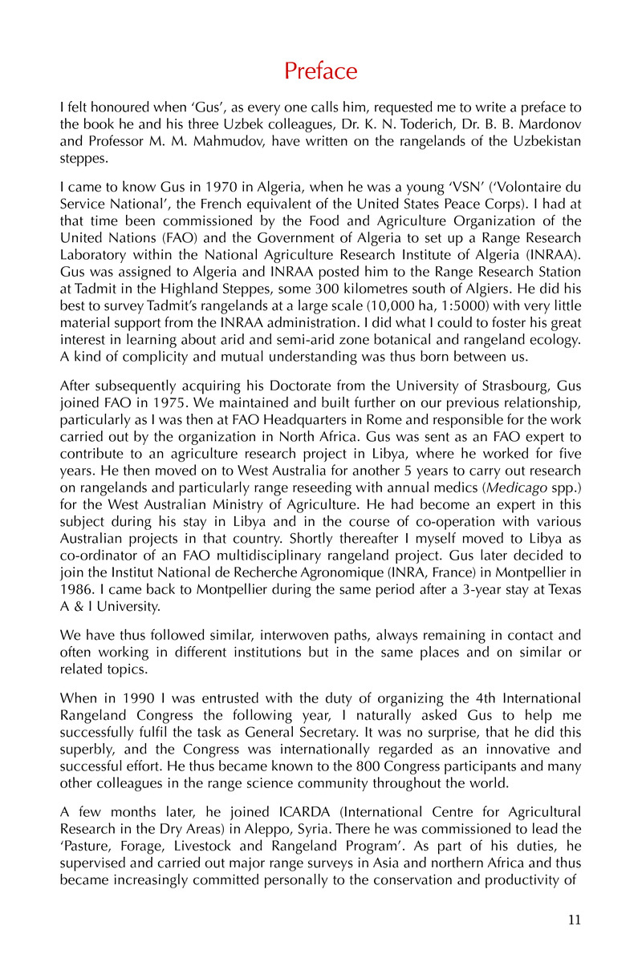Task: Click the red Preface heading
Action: (321, 71)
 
